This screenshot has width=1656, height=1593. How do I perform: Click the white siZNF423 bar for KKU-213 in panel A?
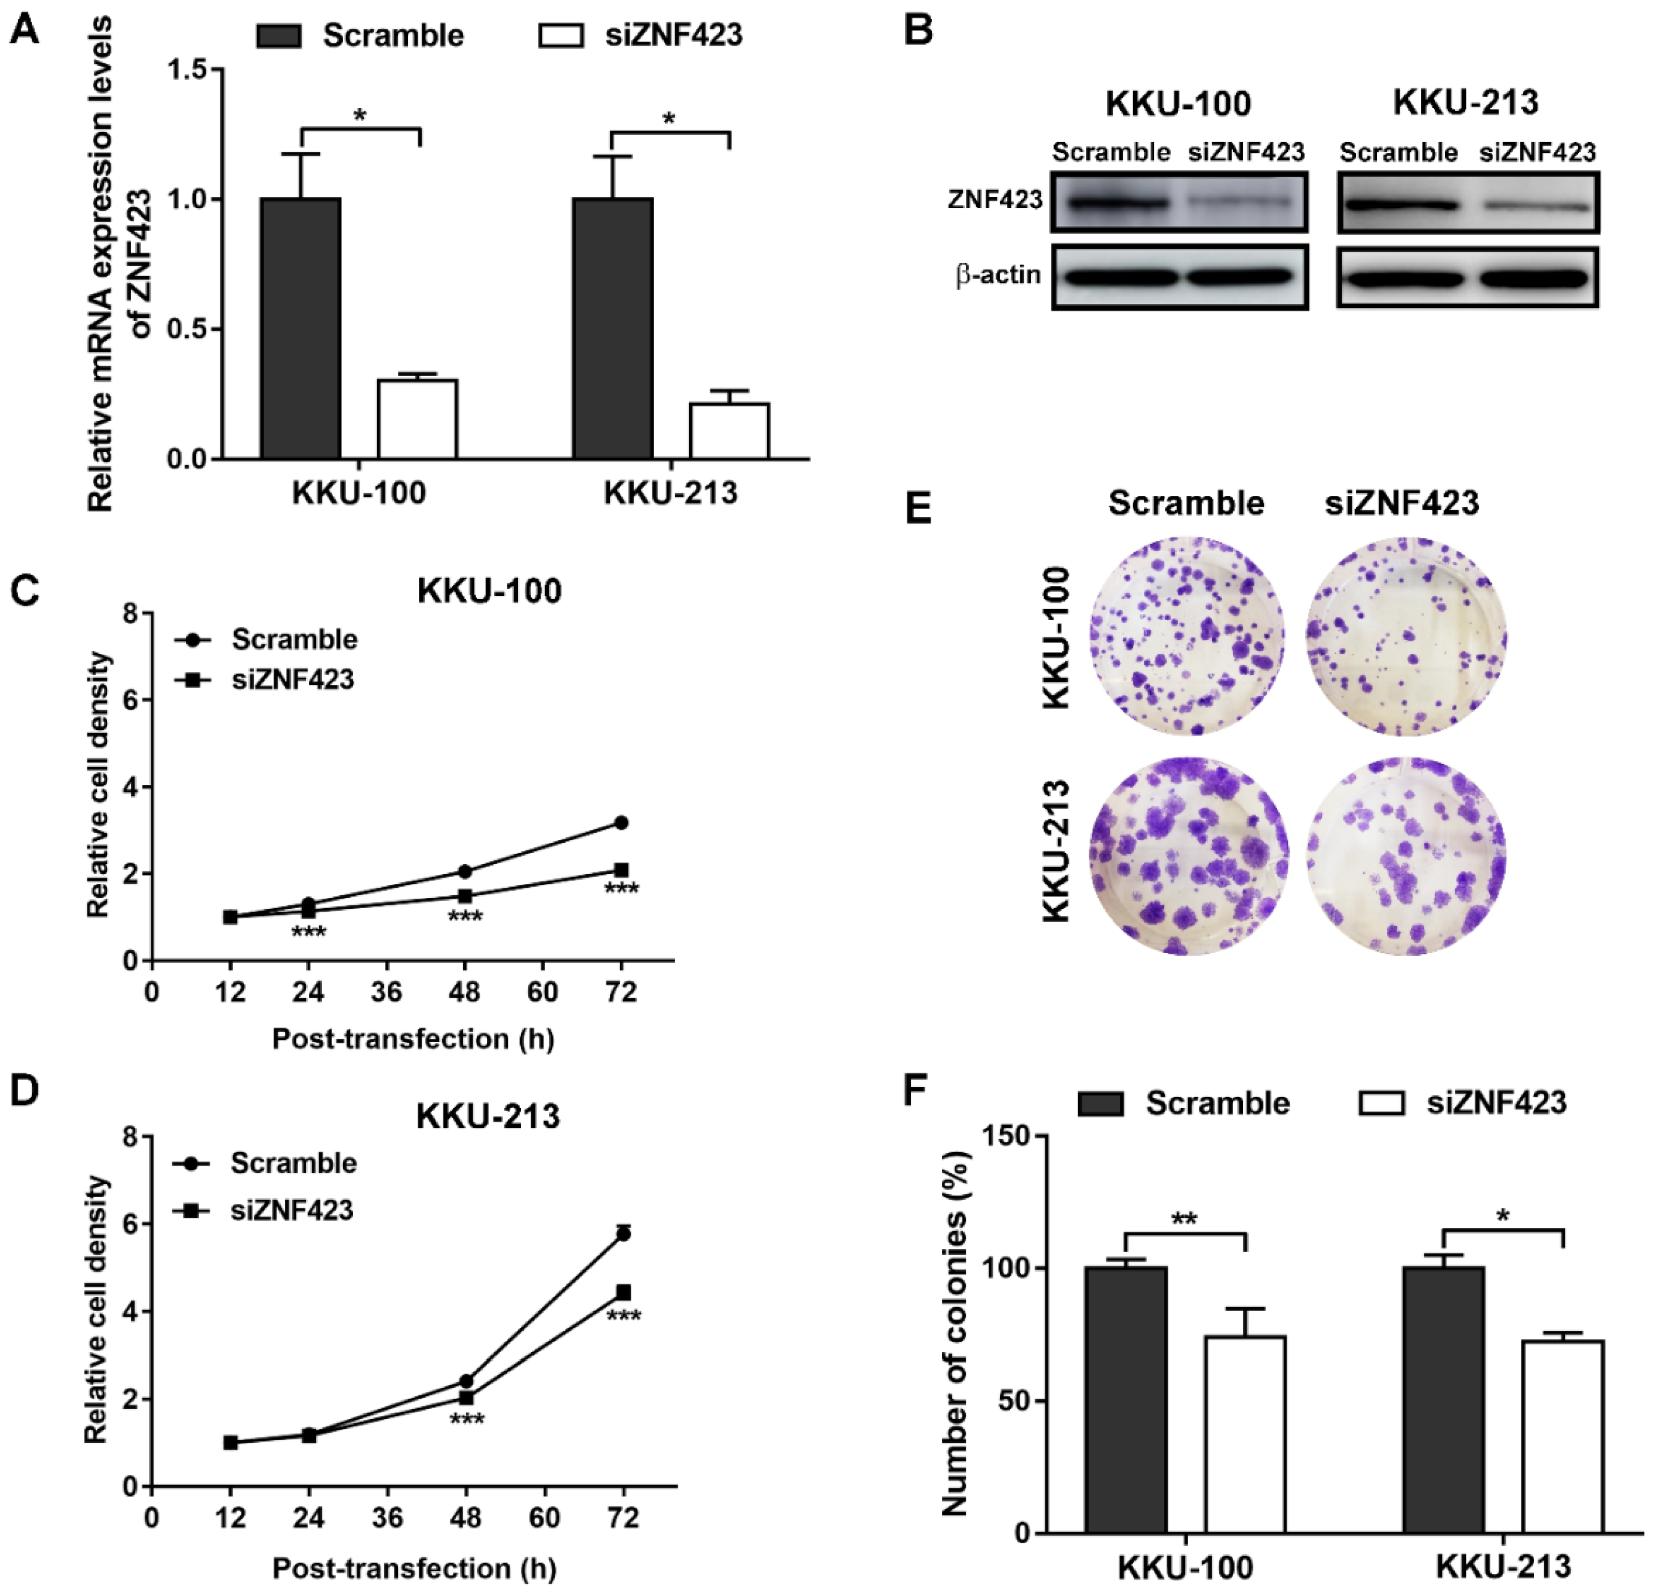pyautogui.click(x=729, y=431)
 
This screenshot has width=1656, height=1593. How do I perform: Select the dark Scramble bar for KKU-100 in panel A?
pyautogui.click(x=301, y=329)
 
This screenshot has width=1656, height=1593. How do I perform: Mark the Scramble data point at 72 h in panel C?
pyautogui.click(x=621, y=822)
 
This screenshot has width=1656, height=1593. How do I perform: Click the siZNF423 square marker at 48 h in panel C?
pyautogui.click(x=465, y=896)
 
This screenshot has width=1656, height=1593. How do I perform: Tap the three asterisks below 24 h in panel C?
pyautogui.click(x=308, y=932)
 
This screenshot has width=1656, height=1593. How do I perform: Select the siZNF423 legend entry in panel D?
pyautogui.click(x=292, y=1210)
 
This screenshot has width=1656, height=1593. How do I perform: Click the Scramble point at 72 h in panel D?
pyautogui.click(x=623, y=1234)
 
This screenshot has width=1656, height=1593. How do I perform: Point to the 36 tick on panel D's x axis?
pyautogui.click(x=388, y=1519)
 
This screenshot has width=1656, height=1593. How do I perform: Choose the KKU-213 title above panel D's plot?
pyautogui.click(x=488, y=1116)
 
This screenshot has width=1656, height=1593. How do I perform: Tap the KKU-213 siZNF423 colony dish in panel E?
pyautogui.click(x=1406, y=856)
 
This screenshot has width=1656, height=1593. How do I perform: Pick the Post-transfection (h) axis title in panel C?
pyautogui.click(x=413, y=1038)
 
